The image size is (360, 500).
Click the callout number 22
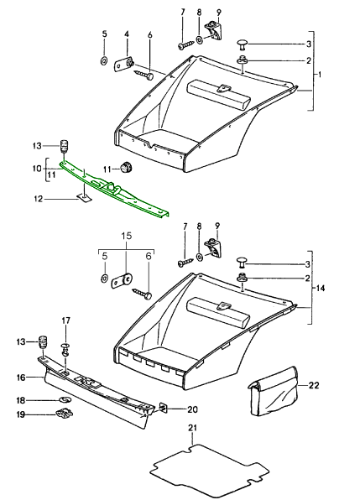point(314,386)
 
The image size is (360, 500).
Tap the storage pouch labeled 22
point(273,391)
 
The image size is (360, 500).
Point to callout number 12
point(38,200)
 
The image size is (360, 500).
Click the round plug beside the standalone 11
point(128,166)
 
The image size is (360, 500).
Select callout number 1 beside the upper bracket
point(320,75)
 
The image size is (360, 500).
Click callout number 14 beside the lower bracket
point(321,288)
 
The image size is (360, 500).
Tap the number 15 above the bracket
point(126,236)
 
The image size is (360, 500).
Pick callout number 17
point(65,320)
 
